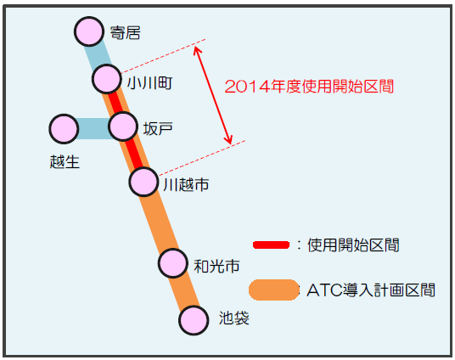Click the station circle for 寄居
point(89,31)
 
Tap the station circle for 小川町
point(107,79)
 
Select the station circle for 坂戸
point(123,127)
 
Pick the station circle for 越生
point(64,129)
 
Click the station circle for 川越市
point(143,182)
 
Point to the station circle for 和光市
point(173,263)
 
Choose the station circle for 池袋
point(194,320)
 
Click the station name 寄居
point(126,32)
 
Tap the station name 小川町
point(150,83)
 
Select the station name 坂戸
point(158,128)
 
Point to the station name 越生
point(65,161)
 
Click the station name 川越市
point(186,184)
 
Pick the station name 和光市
point(216,267)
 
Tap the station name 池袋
point(234,318)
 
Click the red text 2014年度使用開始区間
point(309,87)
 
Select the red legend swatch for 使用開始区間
point(272,245)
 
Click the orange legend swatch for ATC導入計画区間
point(274,290)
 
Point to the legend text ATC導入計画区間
point(371,290)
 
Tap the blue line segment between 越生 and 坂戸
point(93,128)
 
